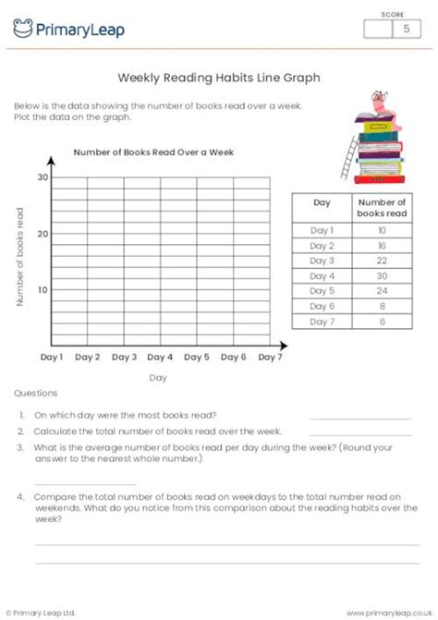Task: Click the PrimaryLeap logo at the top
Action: (x=68, y=30)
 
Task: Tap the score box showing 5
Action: (x=405, y=30)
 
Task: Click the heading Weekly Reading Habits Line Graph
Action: (x=219, y=79)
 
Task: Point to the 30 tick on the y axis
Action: (x=43, y=176)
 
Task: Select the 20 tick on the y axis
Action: (x=43, y=233)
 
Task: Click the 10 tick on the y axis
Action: (x=43, y=290)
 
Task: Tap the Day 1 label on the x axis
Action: (x=52, y=357)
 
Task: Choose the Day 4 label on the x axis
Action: (x=160, y=357)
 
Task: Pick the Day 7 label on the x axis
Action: (x=270, y=357)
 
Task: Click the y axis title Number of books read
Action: (x=19, y=258)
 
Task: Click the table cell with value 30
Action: (x=382, y=276)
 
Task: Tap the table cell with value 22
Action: (x=382, y=261)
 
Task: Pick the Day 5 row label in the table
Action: (x=322, y=291)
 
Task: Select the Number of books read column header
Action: (x=382, y=207)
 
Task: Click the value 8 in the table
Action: (x=382, y=306)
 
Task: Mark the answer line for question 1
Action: (x=360, y=419)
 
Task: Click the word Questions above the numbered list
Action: (x=36, y=393)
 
